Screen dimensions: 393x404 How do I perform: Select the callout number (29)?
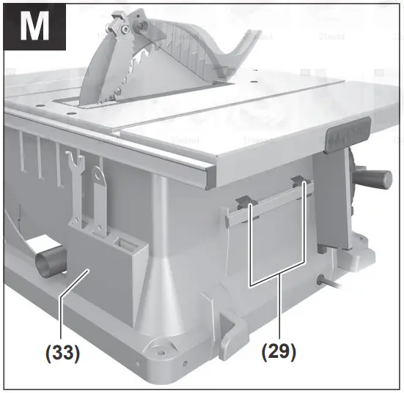278,352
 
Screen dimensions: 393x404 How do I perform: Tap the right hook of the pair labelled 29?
299,182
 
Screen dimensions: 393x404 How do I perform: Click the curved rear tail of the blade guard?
235,48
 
